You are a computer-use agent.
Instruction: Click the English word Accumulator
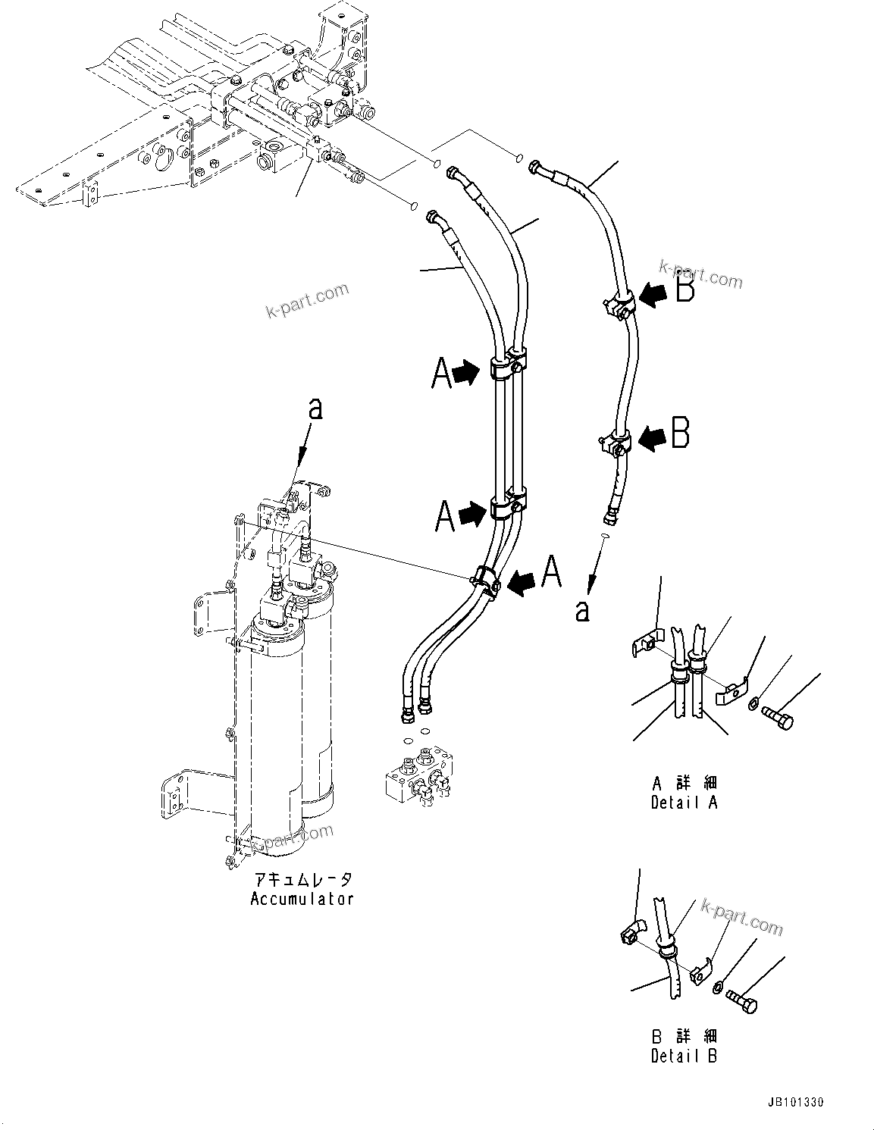point(302,899)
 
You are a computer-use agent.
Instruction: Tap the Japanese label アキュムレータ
point(302,880)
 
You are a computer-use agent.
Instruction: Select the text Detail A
point(684,803)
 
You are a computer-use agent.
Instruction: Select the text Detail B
point(684,1055)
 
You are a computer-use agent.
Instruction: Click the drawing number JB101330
point(788,1102)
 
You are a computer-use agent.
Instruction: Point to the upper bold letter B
point(684,290)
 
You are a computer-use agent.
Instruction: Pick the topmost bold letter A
point(441,374)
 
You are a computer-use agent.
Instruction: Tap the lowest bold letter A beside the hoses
point(551,572)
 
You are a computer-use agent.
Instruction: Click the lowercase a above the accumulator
point(315,409)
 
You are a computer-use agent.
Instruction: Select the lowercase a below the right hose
point(582,610)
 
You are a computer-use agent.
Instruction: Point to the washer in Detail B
point(716,986)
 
